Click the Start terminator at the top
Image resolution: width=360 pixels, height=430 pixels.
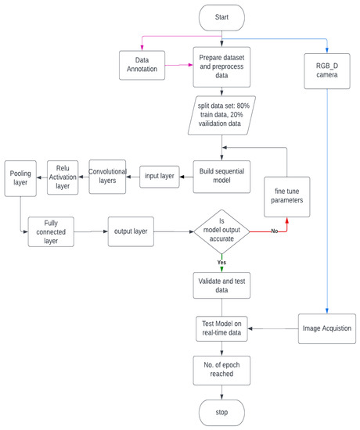222,17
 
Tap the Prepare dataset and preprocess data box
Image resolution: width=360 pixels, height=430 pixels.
222,64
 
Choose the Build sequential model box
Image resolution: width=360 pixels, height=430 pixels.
222,177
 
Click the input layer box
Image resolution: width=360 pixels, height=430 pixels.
162,177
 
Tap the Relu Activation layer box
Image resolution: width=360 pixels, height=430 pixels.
64,177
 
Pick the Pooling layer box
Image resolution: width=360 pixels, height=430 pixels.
21,179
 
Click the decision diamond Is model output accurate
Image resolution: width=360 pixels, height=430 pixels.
222,231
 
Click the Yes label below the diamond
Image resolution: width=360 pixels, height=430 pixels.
222,263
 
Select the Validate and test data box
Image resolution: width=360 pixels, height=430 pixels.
222,286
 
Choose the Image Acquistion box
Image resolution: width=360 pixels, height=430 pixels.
326,328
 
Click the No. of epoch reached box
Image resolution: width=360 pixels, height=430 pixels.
222,370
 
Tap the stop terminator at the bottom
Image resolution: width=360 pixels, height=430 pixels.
222,411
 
